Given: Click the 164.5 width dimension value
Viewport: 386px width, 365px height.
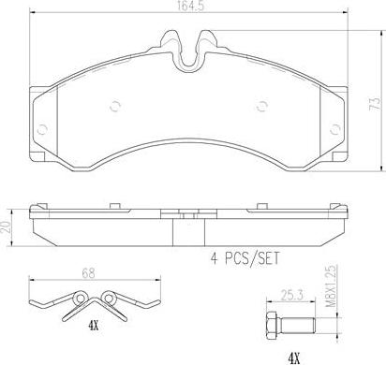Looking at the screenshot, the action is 190,7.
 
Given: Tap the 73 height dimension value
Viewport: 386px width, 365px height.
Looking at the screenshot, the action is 375,103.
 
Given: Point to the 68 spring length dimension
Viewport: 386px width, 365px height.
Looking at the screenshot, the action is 88,273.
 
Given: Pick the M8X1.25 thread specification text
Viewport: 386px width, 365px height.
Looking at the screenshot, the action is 331,286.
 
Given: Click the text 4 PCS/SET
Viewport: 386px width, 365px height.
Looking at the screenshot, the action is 245,259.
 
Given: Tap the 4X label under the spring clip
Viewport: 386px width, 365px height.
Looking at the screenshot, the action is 93,327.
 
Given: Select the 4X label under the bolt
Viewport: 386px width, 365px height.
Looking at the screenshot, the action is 293,359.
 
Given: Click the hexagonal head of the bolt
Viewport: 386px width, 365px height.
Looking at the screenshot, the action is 273,326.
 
